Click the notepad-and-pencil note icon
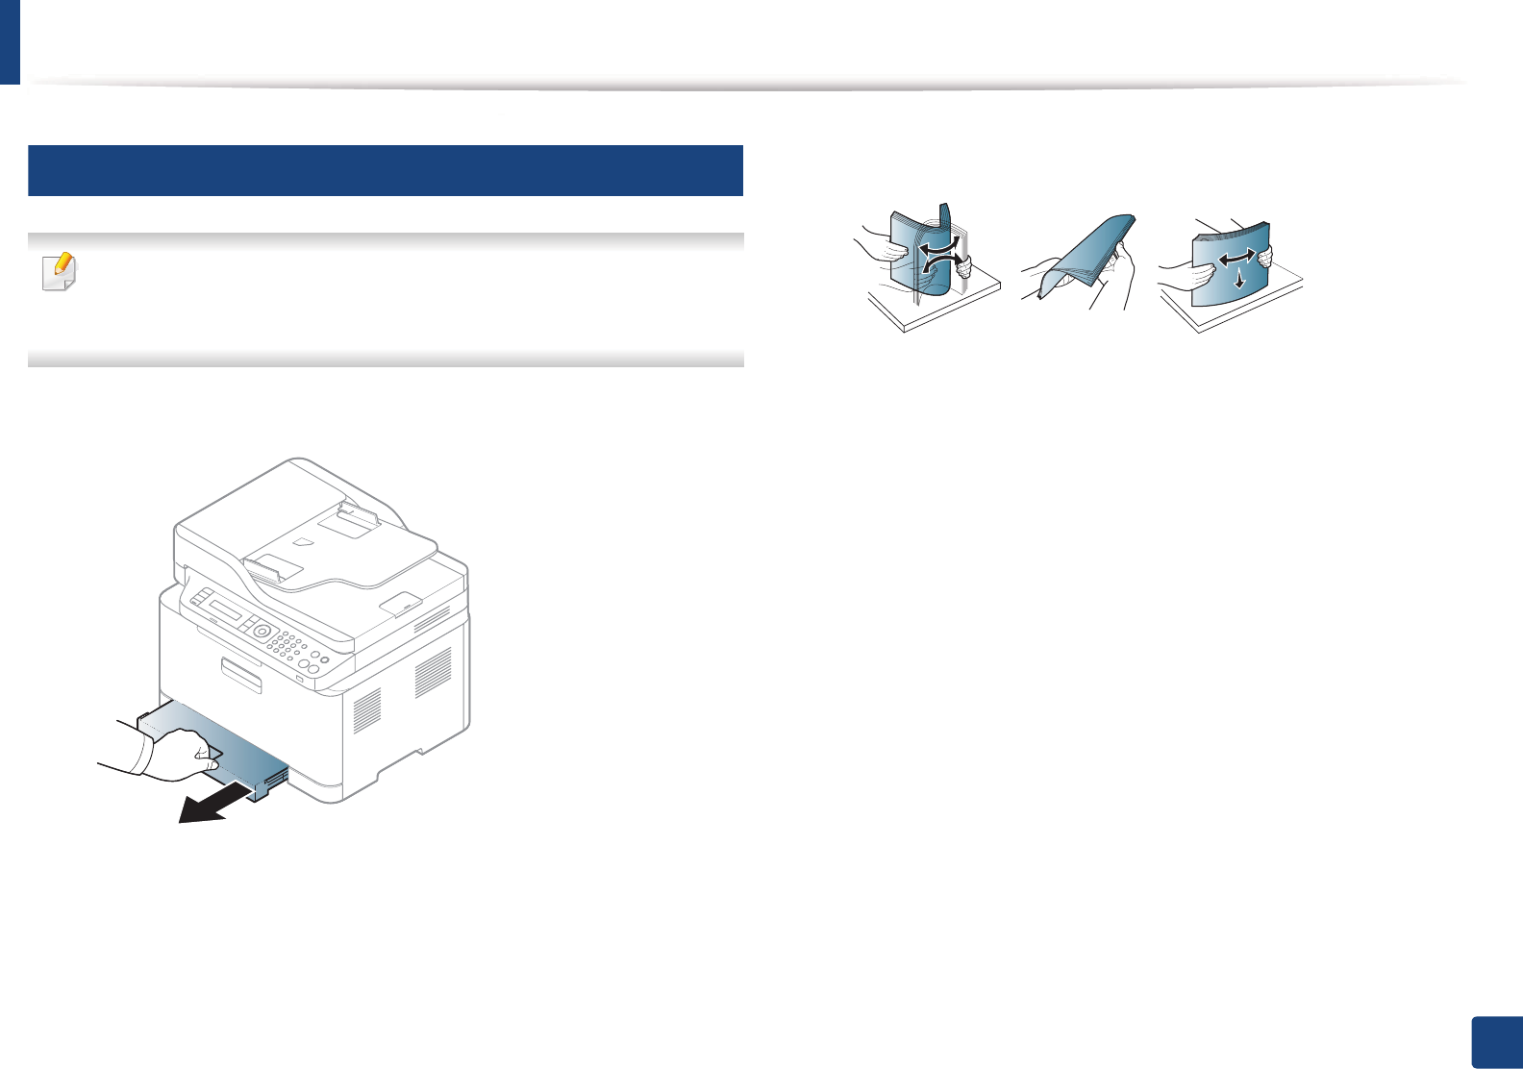(x=60, y=273)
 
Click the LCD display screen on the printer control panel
(x=227, y=612)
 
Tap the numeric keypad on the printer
(x=287, y=647)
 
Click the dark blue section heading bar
(x=386, y=170)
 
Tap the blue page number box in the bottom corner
(x=1496, y=1042)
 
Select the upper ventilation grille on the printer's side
(x=433, y=672)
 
